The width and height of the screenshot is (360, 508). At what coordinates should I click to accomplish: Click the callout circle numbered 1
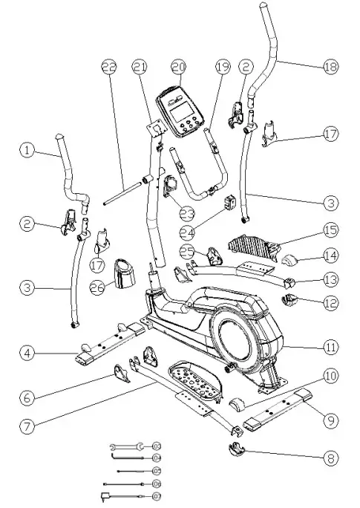point(27,150)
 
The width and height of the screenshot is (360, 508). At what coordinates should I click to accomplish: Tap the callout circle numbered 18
point(330,66)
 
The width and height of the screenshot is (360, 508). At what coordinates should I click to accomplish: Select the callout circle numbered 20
point(177,66)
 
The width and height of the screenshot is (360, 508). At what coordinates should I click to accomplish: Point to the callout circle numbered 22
point(110,66)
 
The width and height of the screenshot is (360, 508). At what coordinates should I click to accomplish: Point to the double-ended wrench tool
point(125,446)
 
